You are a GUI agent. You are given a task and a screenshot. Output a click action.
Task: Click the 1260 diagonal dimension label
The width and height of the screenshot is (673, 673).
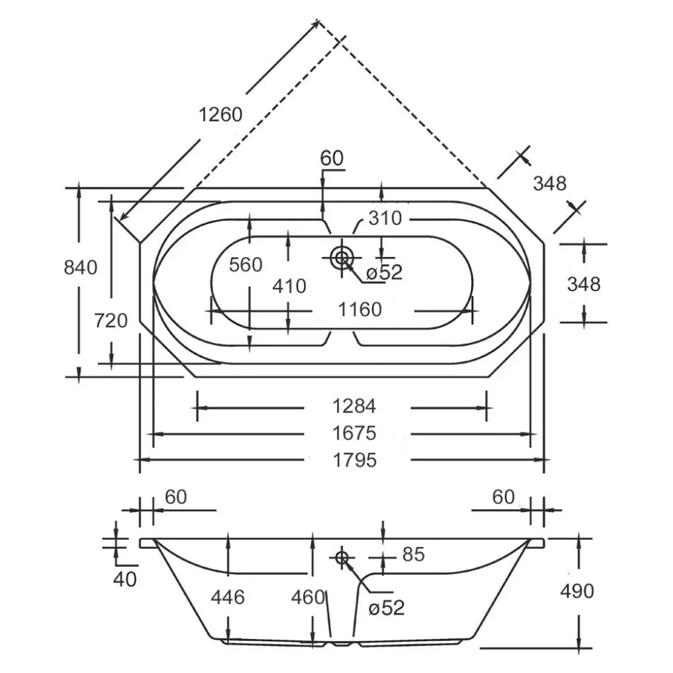click(221, 114)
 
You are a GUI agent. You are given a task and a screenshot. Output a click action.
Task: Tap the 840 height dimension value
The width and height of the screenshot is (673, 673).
click(80, 268)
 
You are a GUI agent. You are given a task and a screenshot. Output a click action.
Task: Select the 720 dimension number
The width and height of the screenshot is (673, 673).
click(111, 321)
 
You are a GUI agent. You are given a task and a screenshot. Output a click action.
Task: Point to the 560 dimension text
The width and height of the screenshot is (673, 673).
click(246, 265)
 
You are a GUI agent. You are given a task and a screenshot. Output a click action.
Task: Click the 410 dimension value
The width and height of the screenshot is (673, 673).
click(289, 286)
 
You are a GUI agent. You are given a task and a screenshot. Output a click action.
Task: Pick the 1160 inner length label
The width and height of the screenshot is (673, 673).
click(359, 309)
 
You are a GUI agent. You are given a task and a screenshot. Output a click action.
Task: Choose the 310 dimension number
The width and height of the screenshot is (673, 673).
click(385, 218)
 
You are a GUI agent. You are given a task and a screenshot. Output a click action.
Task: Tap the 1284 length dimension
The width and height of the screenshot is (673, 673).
click(355, 406)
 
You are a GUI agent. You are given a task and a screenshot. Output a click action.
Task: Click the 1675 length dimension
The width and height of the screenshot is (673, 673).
click(355, 433)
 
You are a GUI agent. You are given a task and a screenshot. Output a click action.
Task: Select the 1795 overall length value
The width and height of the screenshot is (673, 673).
click(355, 460)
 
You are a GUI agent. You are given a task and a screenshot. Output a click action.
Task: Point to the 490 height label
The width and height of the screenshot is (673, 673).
click(577, 591)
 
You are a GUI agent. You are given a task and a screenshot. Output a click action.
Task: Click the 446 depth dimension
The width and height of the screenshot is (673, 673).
click(228, 597)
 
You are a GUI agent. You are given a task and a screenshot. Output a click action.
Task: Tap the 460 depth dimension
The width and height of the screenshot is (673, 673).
click(307, 597)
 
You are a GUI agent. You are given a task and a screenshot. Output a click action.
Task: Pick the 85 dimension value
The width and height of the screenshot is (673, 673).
click(414, 554)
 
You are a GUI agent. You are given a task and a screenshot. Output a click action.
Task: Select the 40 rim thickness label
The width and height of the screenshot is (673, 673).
click(125, 579)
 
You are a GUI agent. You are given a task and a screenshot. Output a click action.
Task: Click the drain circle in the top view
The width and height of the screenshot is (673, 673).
click(342, 258)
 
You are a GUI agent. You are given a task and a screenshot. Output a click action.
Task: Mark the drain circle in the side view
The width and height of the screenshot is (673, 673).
click(342, 558)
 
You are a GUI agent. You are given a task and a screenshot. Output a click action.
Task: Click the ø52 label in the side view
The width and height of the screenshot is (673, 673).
click(386, 608)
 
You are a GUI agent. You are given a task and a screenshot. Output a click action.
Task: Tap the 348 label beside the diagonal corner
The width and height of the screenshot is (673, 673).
click(550, 184)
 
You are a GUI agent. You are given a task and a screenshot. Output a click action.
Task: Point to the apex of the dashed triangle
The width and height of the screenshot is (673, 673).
click(318, 20)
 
